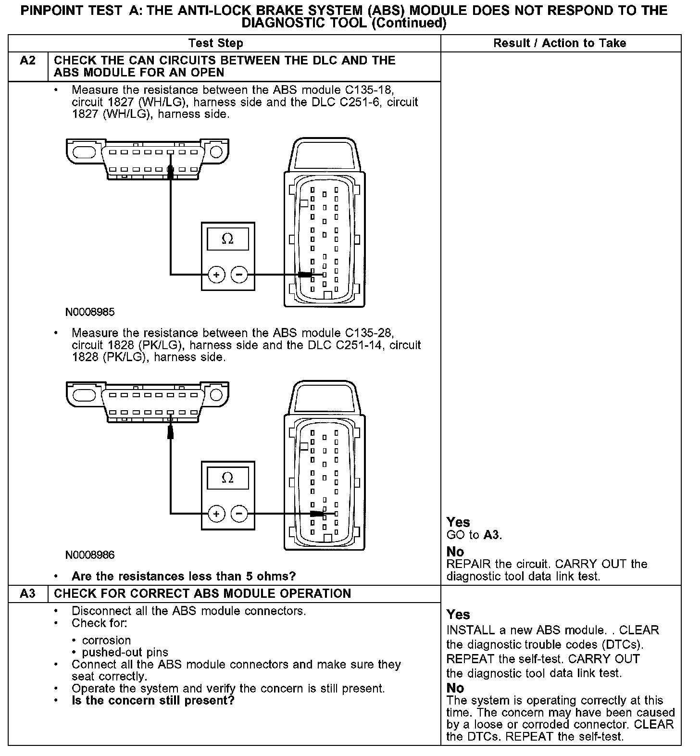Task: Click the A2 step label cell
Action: (28, 61)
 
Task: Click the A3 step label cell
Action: (28, 593)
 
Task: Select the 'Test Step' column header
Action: (216, 43)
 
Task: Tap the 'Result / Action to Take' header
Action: (560, 43)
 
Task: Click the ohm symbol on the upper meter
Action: (227, 239)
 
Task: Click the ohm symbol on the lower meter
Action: (227, 478)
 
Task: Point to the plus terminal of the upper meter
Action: (216, 275)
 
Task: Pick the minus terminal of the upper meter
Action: (239, 275)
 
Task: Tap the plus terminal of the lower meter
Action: (216, 514)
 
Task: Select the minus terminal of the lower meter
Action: (239, 514)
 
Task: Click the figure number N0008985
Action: (90, 312)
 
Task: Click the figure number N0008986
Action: (90, 555)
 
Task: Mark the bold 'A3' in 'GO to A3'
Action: (492, 535)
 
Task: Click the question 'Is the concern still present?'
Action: (153, 700)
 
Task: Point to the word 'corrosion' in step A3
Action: (106, 641)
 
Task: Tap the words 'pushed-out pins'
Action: (125, 653)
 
